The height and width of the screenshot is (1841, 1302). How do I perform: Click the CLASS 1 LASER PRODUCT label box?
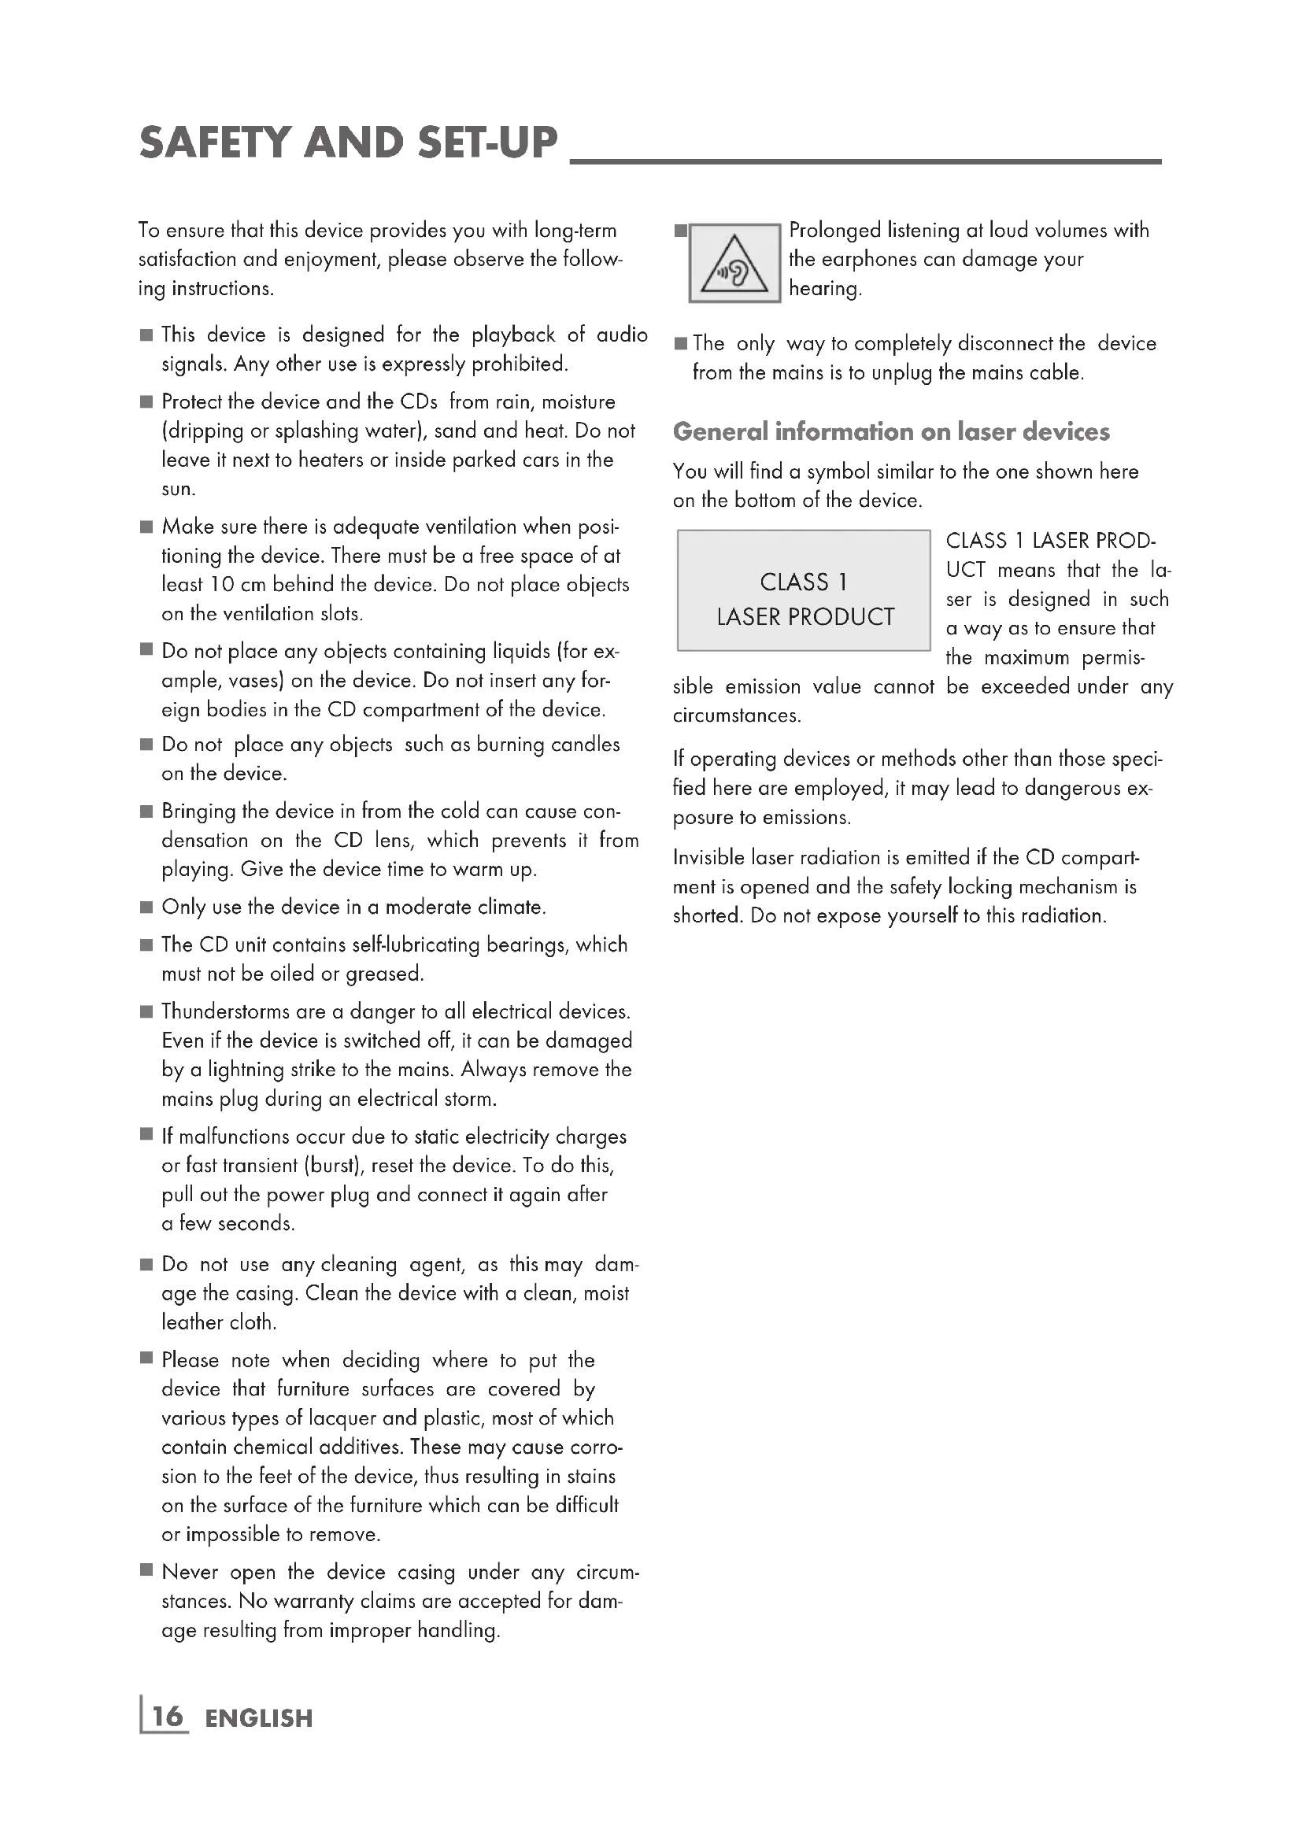tap(804, 591)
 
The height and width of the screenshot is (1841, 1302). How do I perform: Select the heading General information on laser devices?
tap(891, 432)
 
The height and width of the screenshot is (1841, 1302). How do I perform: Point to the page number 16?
tap(168, 1717)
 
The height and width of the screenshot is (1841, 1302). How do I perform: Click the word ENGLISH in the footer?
tap(258, 1718)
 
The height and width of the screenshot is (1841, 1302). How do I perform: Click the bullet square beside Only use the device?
tap(146, 908)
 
